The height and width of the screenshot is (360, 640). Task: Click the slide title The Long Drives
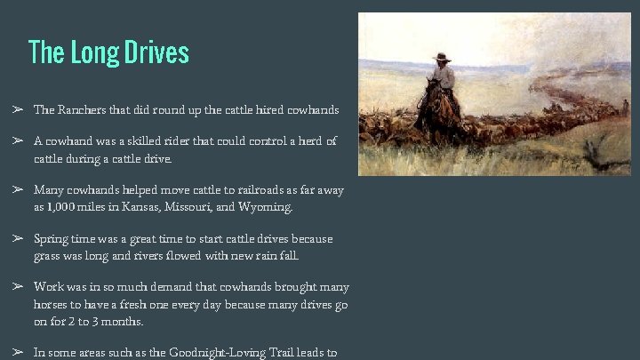point(108,52)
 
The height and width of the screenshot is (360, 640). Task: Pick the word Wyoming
point(264,207)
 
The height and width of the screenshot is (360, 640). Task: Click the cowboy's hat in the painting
point(442,58)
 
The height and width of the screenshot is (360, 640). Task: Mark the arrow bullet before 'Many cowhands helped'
point(16,190)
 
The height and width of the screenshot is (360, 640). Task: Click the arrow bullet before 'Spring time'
point(16,239)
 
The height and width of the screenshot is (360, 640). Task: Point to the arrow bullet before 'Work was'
point(16,287)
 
